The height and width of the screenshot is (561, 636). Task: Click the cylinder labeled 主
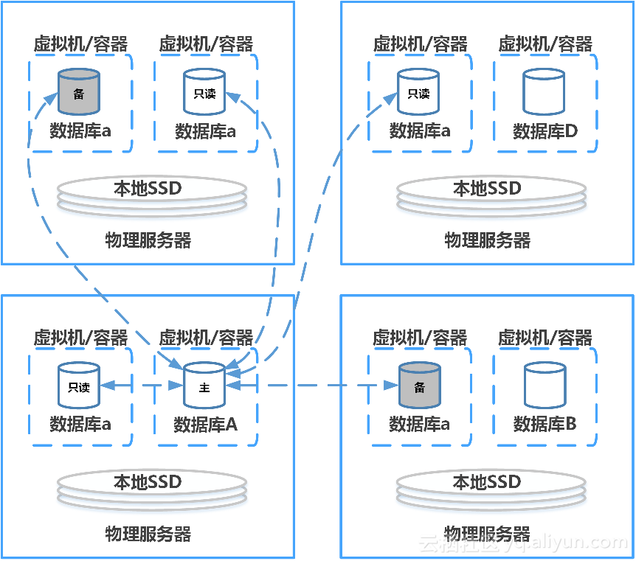pyautogui.click(x=204, y=385)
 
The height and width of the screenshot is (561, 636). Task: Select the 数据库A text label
pyautogui.click(x=205, y=425)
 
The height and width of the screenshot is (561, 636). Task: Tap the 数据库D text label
pyautogui.click(x=545, y=131)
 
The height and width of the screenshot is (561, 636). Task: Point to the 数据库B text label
pyautogui.click(x=545, y=425)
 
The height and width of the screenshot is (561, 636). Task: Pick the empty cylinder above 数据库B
pyautogui.click(x=545, y=385)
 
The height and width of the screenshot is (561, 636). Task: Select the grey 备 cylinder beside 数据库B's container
pyautogui.click(x=419, y=385)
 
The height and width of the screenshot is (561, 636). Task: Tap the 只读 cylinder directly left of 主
pyautogui.click(x=79, y=385)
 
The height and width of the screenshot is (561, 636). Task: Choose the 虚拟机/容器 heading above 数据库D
pyautogui.click(x=545, y=44)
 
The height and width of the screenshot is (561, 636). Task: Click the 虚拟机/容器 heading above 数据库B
pyautogui.click(x=545, y=338)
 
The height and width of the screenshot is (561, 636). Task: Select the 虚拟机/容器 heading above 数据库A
pyautogui.click(x=206, y=338)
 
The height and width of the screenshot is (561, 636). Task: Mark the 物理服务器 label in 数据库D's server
pyautogui.click(x=487, y=240)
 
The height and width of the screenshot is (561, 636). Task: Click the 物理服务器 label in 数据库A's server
pyautogui.click(x=148, y=534)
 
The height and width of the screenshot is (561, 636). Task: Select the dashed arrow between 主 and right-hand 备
pyautogui.click(x=317, y=385)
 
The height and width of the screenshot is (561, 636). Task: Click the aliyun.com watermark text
pyautogui.click(x=568, y=544)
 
